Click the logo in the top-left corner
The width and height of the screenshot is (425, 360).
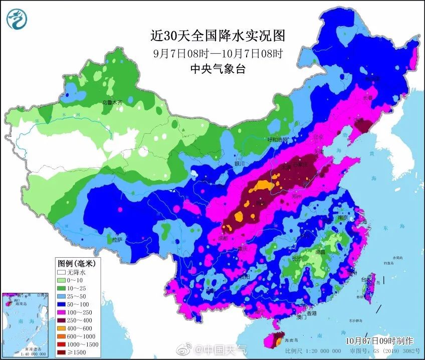click(17, 20)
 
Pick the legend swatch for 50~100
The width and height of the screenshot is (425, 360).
click(62, 304)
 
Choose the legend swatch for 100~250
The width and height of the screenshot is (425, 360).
click(62, 312)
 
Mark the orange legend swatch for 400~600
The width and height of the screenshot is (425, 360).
click(62, 328)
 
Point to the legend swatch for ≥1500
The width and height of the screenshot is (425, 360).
click(62, 352)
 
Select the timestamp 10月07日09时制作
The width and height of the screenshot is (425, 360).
click(379, 340)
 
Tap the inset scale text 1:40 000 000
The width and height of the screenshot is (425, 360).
click(19, 353)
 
